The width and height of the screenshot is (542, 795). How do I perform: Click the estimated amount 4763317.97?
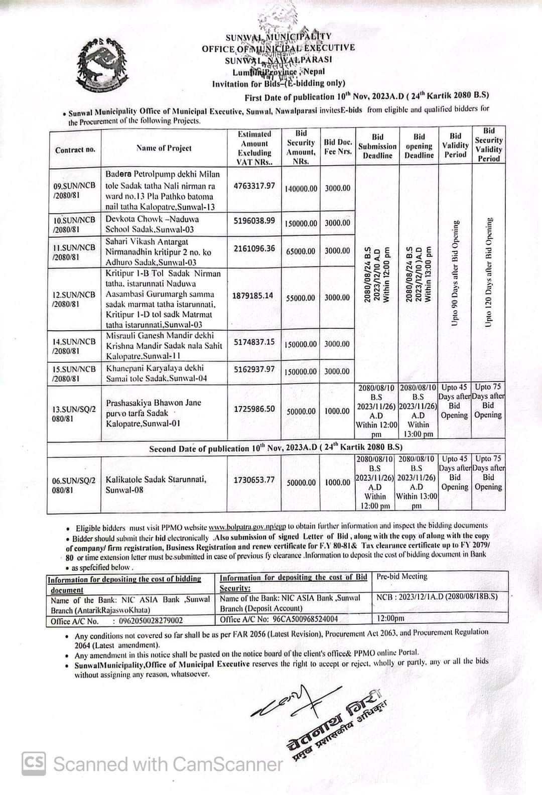(x=254, y=186)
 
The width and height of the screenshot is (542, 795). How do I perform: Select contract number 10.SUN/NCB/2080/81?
(x=74, y=224)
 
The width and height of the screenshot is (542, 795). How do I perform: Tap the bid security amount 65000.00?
(x=301, y=251)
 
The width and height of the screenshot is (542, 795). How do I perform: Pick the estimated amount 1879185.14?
(x=253, y=296)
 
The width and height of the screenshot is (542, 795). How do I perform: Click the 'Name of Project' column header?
(x=164, y=148)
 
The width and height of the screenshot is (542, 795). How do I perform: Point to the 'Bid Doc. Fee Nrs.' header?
(x=338, y=147)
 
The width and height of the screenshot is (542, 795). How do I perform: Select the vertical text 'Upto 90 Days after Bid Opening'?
(x=455, y=273)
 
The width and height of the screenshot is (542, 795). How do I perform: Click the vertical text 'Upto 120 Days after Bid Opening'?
(x=489, y=273)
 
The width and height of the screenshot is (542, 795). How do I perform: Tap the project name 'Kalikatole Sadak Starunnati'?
(x=156, y=479)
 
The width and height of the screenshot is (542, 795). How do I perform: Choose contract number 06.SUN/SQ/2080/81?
(x=74, y=485)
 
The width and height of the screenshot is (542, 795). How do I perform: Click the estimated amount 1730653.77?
(x=254, y=480)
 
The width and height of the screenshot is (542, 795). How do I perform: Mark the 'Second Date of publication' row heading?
(x=276, y=448)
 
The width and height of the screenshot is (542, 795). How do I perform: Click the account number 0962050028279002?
(x=151, y=621)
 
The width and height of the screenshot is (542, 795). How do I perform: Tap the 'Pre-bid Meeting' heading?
(x=402, y=577)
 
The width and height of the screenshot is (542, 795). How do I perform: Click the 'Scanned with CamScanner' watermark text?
(x=168, y=764)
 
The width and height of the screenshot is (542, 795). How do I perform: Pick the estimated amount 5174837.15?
(x=254, y=342)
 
